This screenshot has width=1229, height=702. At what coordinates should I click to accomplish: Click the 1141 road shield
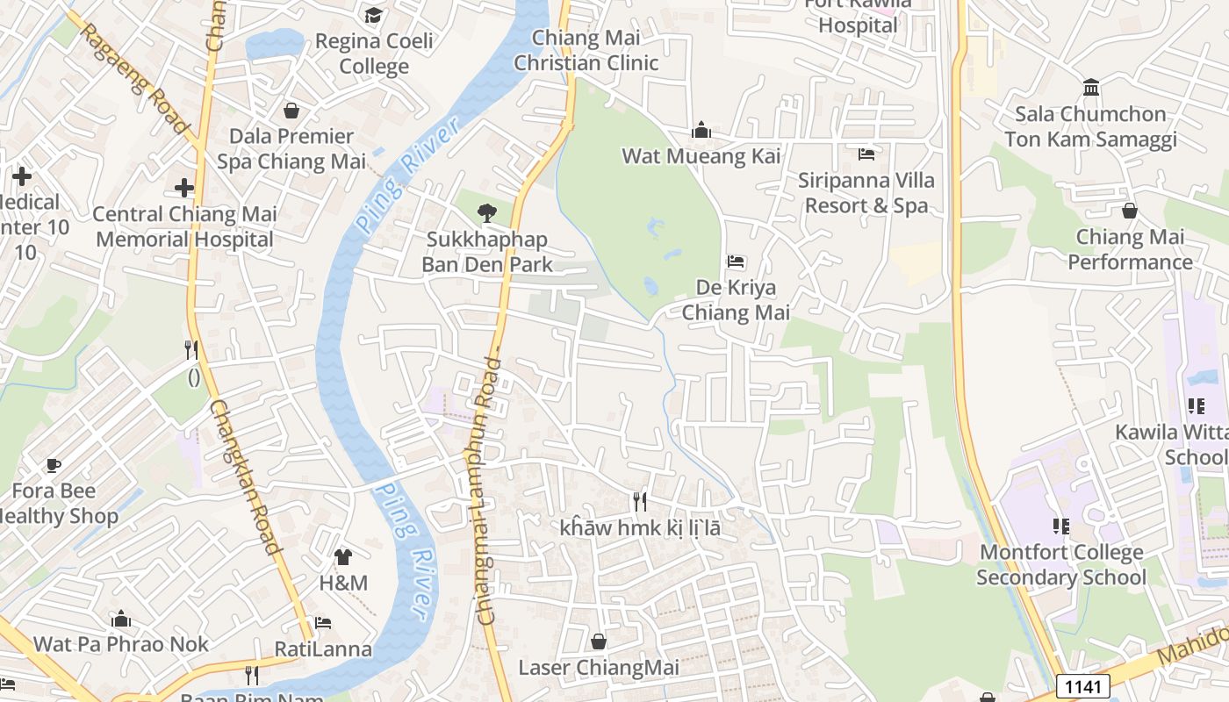point(1083,686)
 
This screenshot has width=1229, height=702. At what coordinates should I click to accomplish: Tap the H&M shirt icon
point(343,556)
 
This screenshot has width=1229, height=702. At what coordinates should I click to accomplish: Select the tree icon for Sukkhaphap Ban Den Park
point(486,212)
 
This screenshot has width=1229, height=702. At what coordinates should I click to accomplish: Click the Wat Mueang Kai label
point(701,156)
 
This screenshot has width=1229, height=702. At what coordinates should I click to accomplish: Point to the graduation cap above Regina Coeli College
point(374,15)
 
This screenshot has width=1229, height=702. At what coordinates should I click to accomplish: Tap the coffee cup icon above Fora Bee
point(54,464)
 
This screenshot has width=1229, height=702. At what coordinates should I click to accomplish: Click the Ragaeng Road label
point(135,79)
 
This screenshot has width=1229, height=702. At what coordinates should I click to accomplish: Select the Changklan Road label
point(245,477)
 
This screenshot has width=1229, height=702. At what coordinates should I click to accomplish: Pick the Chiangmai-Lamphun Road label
point(488,491)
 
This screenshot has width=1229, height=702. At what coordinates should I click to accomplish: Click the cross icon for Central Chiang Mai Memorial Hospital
point(184,188)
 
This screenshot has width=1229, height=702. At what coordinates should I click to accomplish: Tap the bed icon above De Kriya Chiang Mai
point(736,261)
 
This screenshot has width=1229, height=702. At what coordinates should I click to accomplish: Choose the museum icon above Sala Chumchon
point(1092,87)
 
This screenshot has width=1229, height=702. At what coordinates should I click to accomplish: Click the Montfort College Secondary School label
point(1061,564)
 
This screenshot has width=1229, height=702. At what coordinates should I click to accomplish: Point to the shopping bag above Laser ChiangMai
point(599,641)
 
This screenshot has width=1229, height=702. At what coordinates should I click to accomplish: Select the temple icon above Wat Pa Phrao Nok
point(121,619)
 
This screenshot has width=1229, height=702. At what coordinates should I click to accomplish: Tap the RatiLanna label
point(323,649)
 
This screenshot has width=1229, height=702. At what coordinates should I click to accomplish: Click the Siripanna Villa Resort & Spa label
point(866,192)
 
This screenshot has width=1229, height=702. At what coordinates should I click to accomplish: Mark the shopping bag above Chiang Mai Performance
point(1130,211)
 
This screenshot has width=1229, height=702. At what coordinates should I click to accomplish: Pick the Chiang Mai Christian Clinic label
point(586,50)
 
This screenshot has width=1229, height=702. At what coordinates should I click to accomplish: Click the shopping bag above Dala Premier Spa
point(291,111)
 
